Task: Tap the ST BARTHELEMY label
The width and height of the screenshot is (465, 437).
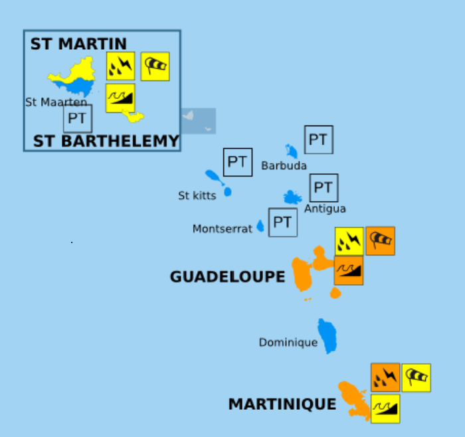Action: click(x=106, y=141)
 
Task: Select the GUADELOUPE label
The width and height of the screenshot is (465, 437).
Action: click(x=227, y=277)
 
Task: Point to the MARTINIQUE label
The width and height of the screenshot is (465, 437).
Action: click(x=282, y=404)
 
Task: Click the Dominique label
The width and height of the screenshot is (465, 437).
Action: click(x=288, y=343)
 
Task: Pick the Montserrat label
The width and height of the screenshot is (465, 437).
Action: click(x=223, y=229)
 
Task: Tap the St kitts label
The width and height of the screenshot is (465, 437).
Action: click(x=197, y=196)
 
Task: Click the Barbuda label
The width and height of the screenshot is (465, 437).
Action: click(x=284, y=166)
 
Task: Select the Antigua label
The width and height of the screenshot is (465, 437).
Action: click(x=325, y=209)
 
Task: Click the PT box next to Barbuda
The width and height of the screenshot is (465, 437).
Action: click(x=318, y=139)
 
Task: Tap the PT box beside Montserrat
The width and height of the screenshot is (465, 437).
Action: click(x=283, y=222)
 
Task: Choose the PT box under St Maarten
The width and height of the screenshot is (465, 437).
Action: click(x=78, y=119)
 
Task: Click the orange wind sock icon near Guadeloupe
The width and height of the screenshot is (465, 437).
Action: click(x=380, y=241)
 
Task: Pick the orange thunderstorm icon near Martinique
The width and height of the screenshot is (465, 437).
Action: click(x=385, y=378)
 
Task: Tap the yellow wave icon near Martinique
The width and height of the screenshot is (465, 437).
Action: click(x=385, y=408)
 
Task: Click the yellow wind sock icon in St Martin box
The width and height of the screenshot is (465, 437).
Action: click(x=155, y=66)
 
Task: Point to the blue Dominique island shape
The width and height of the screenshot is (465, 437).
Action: click(x=327, y=335)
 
